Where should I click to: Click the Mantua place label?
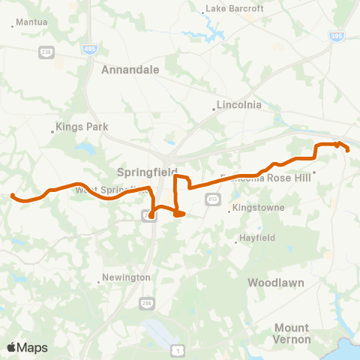click(x=31, y=22)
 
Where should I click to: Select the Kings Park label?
click(x=79, y=128)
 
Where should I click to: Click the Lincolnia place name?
click(x=238, y=105)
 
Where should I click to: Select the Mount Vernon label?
click(x=291, y=333)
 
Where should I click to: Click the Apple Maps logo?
click(x=28, y=347)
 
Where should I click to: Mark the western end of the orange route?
click(x=12, y=196)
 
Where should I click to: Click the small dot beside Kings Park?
click(x=52, y=131)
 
